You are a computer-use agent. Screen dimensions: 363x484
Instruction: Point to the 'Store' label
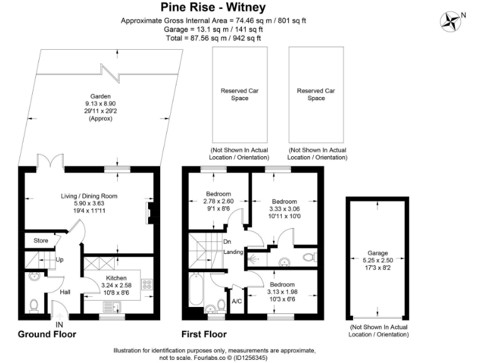tap(41, 240)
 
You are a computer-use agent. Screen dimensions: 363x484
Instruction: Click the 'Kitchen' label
tap(116, 278)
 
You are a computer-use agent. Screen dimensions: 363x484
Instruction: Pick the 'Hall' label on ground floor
tap(65, 292)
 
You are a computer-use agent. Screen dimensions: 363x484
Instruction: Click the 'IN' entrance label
tap(59, 325)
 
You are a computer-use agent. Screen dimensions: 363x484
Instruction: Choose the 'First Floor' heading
tap(204, 334)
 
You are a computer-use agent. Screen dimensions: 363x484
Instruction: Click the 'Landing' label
tap(234, 252)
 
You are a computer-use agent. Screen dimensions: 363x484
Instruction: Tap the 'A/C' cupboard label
tap(238, 301)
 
